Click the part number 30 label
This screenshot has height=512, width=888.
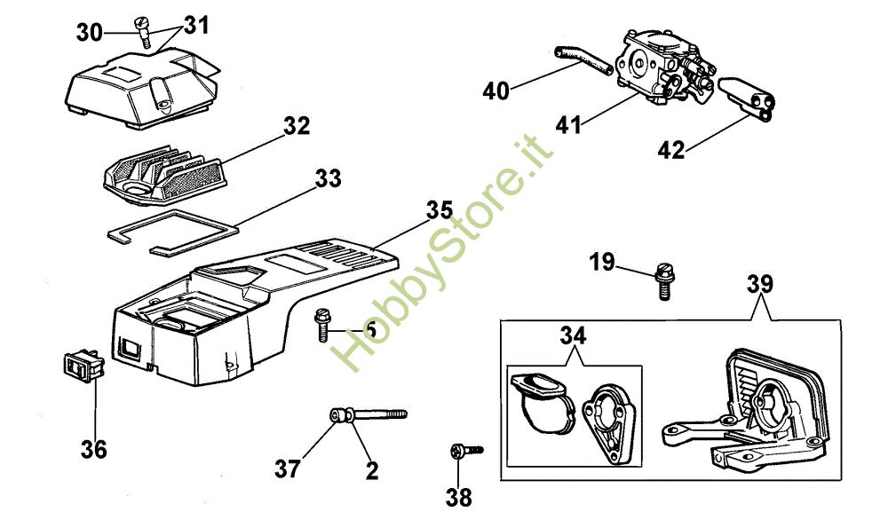click(89, 33)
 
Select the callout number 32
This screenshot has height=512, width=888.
click(297, 127)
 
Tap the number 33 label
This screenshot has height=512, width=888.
click(328, 179)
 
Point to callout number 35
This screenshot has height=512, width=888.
click(439, 212)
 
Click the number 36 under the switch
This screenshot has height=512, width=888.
click(93, 449)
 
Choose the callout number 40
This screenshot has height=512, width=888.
click(497, 90)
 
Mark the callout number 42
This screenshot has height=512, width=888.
click(671, 150)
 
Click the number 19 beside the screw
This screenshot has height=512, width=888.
click(601, 262)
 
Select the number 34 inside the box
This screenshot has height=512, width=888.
click(573, 336)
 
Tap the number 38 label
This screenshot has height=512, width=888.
click(459, 497)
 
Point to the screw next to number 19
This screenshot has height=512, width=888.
click(662, 283)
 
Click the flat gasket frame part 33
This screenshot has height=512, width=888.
click(178, 225)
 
